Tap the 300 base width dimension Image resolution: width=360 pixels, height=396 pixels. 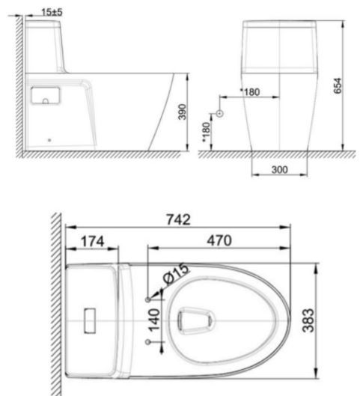[x=279, y=170]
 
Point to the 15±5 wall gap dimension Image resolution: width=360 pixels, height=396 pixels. [x=52, y=12]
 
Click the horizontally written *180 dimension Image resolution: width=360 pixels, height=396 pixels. [x=249, y=91]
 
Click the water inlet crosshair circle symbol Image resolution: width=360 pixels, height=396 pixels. [x=219, y=113]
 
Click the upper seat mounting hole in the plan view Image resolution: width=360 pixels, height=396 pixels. [x=147, y=299]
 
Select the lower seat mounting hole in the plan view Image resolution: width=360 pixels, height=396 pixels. [x=147, y=342]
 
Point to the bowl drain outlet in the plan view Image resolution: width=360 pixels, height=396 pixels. [x=196, y=320]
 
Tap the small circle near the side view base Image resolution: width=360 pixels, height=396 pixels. [x=50, y=138]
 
